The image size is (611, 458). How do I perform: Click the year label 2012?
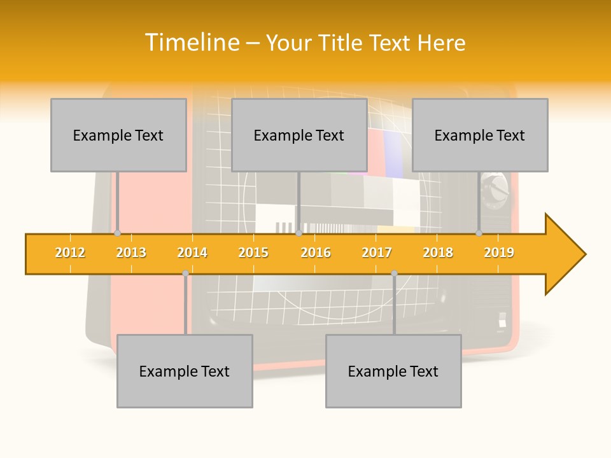[x=70, y=253]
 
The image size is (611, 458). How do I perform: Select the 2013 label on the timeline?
[x=131, y=253]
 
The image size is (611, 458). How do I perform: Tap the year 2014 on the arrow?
[x=192, y=253]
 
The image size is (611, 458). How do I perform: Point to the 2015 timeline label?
[x=253, y=253]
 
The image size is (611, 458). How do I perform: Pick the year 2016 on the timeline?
[x=316, y=253]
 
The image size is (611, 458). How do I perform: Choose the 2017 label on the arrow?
[x=377, y=253]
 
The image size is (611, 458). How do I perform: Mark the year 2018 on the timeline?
[x=438, y=253]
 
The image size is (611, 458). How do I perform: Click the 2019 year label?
[x=499, y=253]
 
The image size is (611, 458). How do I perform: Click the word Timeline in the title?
[x=191, y=43]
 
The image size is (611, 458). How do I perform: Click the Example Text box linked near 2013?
[x=118, y=135]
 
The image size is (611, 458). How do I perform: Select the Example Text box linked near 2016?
[x=299, y=135]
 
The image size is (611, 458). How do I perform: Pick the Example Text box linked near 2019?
[x=480, y=135]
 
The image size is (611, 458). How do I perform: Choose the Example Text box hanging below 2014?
[x=185, y=371]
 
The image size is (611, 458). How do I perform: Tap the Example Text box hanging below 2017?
[x=393, y=371]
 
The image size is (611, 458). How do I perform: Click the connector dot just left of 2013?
[x=117, y=233]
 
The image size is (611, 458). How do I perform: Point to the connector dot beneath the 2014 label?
[x=185, y=273]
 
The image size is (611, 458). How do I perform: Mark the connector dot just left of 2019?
[x=479, y=233]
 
